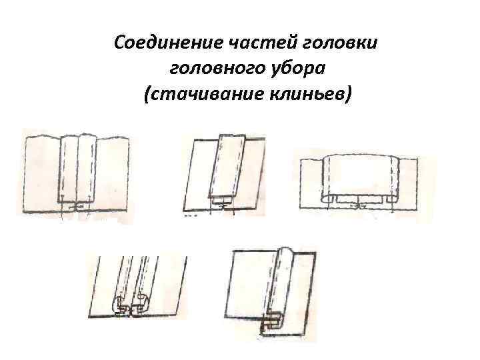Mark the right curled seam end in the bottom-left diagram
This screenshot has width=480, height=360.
[x=142, y=303]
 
